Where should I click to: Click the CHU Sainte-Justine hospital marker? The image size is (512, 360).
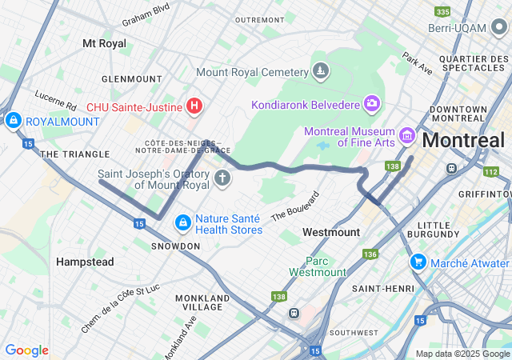tap(194, 105)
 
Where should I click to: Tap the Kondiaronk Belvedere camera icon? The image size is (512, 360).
tap(371, 103)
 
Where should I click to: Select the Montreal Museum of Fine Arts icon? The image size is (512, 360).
tap(406, 137)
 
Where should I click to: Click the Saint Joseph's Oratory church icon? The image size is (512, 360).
tap(222, 178)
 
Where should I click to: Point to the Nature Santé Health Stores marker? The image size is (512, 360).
tap(182, 222)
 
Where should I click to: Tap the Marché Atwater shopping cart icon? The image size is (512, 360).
tap(418, 262)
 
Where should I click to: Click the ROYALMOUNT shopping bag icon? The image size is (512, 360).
tap(13, 121)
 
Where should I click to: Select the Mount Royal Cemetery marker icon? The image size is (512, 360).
tap(320, 71)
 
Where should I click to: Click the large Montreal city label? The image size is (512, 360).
tap(464, 140)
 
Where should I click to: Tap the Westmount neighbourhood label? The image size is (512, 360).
tap(331, 232)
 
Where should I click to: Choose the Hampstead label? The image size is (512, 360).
tap(85, 262)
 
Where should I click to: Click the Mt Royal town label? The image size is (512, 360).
tap(105, 43)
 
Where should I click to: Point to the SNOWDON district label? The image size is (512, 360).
tap(175, 246)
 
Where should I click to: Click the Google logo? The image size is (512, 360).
tap(26, 350)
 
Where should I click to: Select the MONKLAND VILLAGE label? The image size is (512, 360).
tap(202, 303)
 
